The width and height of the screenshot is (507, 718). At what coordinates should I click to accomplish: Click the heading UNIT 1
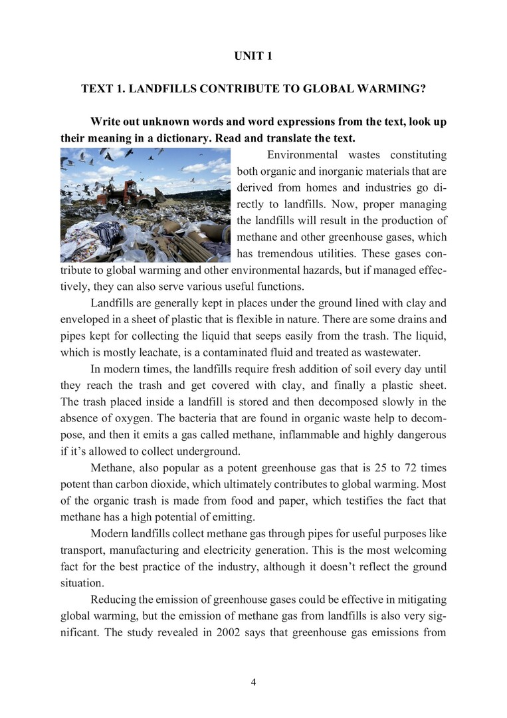coord(253,57)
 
